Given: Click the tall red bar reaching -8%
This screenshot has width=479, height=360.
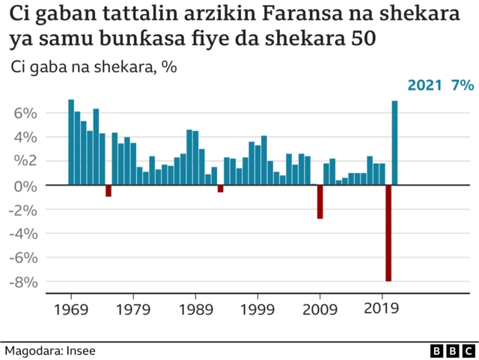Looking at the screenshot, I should coord(388,233).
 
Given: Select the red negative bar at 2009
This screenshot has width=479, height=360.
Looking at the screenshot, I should coord(320,201).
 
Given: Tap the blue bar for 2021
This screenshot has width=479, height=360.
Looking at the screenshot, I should coord(395,142).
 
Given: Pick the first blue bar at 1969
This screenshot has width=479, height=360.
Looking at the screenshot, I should coord(71,141).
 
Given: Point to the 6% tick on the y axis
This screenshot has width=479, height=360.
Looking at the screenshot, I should coord(25,113).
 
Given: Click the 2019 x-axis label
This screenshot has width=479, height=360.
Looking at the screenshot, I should coord(382,308).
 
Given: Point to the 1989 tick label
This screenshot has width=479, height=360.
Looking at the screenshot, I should coord(196,308).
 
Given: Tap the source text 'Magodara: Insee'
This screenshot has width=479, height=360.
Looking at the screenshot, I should coord(50,350).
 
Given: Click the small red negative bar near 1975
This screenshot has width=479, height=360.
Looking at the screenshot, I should coord(109,190).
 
